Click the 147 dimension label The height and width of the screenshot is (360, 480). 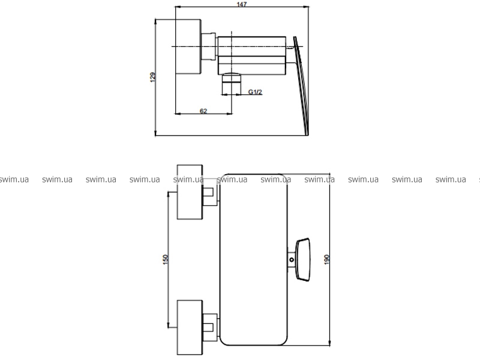242,4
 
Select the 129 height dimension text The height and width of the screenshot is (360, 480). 153,77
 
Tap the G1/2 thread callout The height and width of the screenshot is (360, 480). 255,92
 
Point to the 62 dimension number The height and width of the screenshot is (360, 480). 203,111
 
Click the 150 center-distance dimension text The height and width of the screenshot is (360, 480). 166,259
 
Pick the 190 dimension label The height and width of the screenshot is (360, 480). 326,259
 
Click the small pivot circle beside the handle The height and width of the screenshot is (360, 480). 292,260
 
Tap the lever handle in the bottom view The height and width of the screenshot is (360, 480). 303,260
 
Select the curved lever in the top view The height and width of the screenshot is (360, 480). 302,86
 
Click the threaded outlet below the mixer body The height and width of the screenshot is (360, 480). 231,84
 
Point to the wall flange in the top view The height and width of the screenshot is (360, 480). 188,47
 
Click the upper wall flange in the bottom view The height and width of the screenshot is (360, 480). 190,192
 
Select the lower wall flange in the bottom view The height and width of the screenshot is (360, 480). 190,328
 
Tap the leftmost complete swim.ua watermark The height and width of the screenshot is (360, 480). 57,179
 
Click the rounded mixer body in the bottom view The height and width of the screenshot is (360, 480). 253,260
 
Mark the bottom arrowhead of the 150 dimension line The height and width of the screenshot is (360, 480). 169,325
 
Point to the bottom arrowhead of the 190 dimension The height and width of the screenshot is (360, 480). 329,343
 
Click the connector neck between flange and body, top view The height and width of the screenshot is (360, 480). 208,47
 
